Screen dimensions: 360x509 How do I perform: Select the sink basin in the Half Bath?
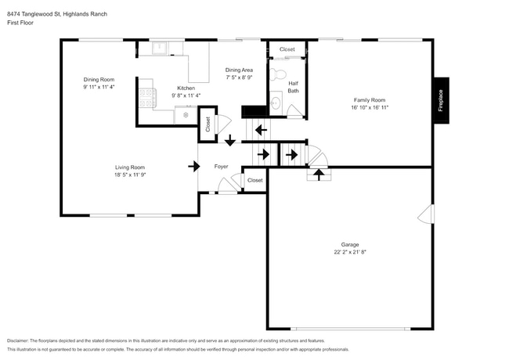tap(276, 102)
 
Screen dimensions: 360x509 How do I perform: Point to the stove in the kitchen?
tap(146, 97)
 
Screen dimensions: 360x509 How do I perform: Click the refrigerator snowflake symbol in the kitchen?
tap(186, 115)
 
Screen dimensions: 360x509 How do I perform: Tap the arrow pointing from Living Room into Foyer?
tap(193, 166)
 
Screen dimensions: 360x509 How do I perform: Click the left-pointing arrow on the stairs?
tap(259, 129)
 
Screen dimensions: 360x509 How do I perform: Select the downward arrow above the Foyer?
tap(229, 142)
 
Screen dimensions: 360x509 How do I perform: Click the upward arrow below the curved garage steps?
tap(319, 175)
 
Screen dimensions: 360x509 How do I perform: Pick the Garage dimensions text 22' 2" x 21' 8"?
tap(349, 252)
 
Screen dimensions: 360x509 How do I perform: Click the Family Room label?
tap(370, 100)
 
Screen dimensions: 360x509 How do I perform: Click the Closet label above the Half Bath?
tap(287, 49)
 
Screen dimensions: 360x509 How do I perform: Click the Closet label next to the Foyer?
tap(255, 180)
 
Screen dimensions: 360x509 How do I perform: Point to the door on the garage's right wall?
tap(428, 213)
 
